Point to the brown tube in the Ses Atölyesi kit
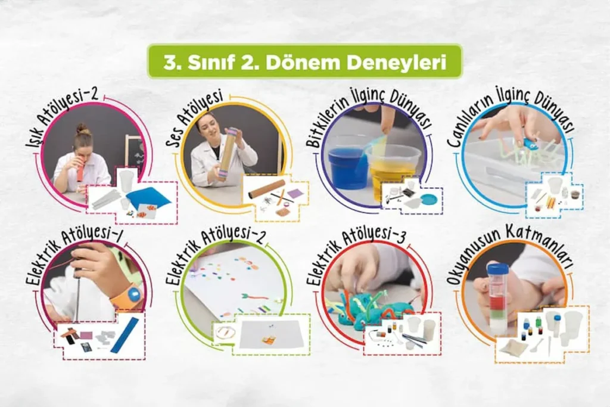(x=267, y=188)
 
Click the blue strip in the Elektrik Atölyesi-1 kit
(x=125, y=335)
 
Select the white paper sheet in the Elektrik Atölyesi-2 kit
(x=271, y=335)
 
